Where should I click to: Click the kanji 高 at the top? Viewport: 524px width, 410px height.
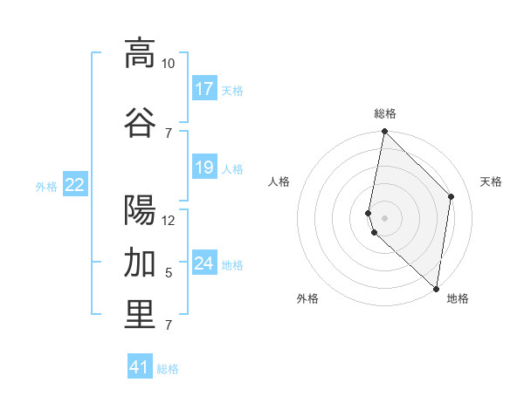click(140, 52)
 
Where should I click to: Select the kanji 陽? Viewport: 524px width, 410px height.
click(140, 209)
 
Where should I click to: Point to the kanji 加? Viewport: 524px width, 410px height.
click(140, 262)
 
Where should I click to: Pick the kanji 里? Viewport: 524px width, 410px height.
click(140, 315)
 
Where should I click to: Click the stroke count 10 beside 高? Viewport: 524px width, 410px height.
click(169, 64)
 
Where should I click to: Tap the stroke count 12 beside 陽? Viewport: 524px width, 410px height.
click(169, 220)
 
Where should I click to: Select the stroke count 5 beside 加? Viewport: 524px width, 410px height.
click(169, 273)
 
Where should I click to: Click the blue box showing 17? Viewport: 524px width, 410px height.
click(204, 89)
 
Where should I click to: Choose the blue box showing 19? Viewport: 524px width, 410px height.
click(204, 167)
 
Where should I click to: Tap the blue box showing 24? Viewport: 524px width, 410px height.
click(204, 263)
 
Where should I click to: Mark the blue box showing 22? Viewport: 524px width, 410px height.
click(75, 184)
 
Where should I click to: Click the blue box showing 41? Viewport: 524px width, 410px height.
click(140, 367)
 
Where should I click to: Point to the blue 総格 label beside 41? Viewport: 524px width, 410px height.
click(168, 369)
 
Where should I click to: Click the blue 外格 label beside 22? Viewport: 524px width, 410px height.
click(46, 186)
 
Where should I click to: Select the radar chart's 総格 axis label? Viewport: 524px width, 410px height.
click(385, 113)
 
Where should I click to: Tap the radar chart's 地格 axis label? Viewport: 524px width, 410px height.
click(458, 298)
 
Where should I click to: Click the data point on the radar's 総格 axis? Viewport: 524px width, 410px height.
click(384, 132)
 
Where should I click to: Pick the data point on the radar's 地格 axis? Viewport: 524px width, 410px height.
click(437, 289)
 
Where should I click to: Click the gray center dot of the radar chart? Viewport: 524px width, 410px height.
click(385, 217)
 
